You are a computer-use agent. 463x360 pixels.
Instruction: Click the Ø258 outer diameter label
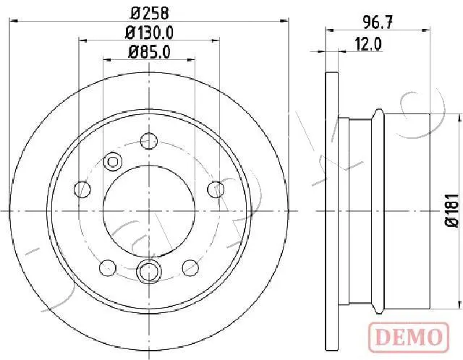[x=150, y=13]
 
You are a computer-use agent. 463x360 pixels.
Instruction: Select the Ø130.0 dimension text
[x=149, y=33]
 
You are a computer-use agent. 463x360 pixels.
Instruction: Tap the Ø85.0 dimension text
[x=149, y=53]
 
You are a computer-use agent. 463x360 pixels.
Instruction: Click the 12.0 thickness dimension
[x=368, y=45]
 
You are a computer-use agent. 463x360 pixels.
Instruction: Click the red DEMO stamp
[x=409, y=337]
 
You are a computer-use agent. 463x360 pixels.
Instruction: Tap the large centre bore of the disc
[x=149, y=211]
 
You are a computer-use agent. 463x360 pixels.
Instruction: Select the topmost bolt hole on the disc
[x=149, y=141]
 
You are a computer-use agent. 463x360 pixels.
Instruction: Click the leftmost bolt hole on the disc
[x=82, y=189]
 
